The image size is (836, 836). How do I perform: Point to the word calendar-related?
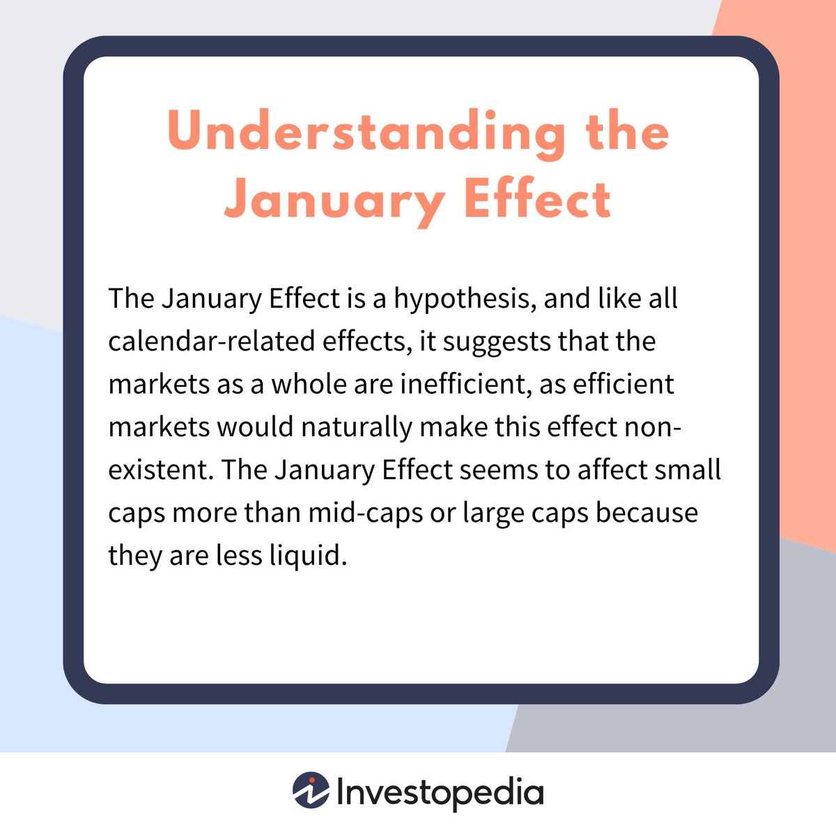(215, 342)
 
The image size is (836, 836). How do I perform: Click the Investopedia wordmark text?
(440, 793)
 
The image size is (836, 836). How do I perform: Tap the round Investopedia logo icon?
(311, 791)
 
